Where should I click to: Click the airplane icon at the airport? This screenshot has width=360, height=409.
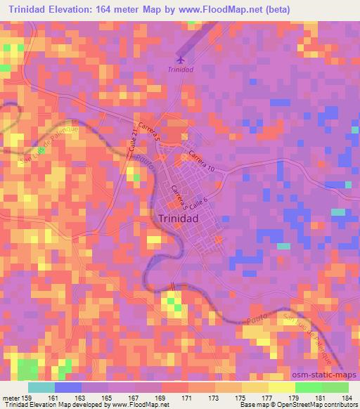point(181,59)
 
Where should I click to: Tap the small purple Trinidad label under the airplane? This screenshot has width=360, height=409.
point(181,70)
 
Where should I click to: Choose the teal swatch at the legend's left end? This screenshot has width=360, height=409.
point(41,387)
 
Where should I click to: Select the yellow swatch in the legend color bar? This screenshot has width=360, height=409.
point(281,387)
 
